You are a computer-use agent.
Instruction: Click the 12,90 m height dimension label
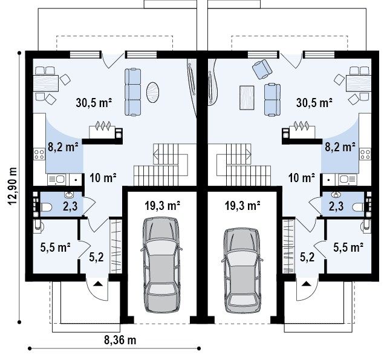coord(12,186)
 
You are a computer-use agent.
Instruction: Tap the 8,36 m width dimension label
coord(120,340)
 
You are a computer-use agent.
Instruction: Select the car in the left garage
coord(161,264)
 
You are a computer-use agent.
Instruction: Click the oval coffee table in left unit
coord(152,92)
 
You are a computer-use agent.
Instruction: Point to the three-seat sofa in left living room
coord(133,92)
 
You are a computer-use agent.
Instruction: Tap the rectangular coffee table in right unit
coord(247,97)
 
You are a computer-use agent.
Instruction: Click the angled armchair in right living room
coord(262,68)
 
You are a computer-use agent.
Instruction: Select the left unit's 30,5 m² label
coord(94,103)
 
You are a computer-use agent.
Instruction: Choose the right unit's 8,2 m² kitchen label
coord(340,147)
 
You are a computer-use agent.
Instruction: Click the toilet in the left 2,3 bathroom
coord(46,208)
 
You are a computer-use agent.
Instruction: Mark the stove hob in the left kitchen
coord(39,154)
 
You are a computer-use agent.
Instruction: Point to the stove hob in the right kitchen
coord(365,154)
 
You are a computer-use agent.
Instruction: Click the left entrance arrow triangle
coord(98,283)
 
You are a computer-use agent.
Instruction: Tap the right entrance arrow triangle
coord(306,283)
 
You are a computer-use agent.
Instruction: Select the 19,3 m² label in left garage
coord(162,206)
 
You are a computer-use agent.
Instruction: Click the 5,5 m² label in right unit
coord(348,247)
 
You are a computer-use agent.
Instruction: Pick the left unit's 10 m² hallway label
coord(103,177)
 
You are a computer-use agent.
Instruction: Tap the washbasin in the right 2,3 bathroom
coord(336,195)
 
